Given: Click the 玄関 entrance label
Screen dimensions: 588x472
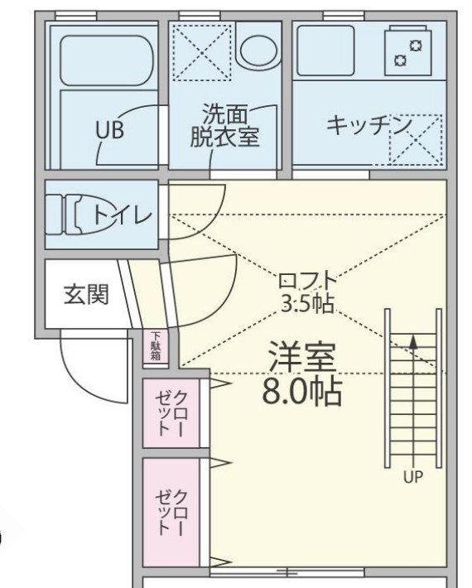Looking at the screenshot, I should (86, 295).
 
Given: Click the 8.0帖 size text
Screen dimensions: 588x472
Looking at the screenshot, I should (301, 390).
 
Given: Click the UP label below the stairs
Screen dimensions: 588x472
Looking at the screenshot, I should (412, 476).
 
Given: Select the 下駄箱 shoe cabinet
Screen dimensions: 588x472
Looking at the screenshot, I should (156, 347).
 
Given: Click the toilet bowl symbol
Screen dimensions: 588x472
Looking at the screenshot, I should (70, 214).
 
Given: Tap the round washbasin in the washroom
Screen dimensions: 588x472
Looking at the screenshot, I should (259, 49).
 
